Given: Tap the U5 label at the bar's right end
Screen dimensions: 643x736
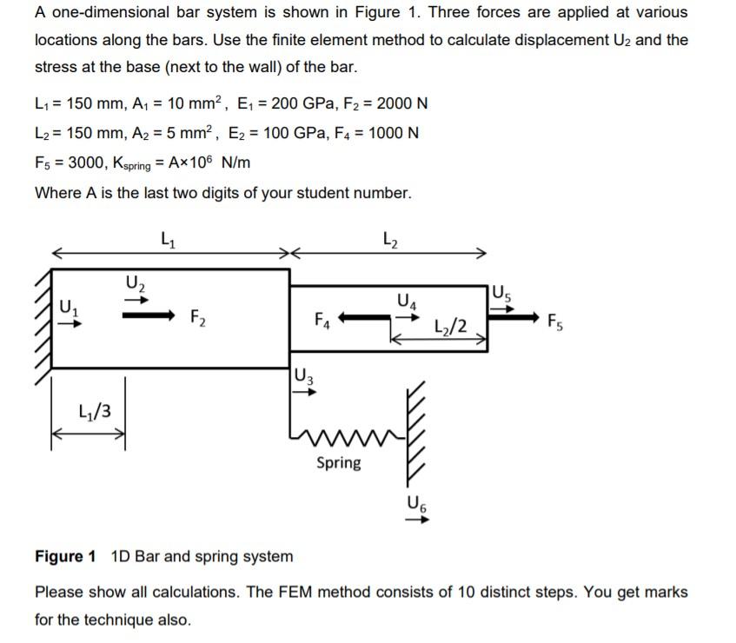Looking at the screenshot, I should pyautogui.click(x=503, y=293).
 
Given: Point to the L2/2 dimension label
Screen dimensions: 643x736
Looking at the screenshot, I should pyautogui.click(x=451, y=327).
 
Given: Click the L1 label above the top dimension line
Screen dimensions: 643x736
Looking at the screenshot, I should pyautogui.click(x=169, y=236).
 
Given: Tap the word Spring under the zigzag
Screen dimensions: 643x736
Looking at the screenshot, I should pyautogui.click(x=339, y=462).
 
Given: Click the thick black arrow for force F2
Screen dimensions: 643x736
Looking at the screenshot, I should pyautogui.click(x=151, y=316).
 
